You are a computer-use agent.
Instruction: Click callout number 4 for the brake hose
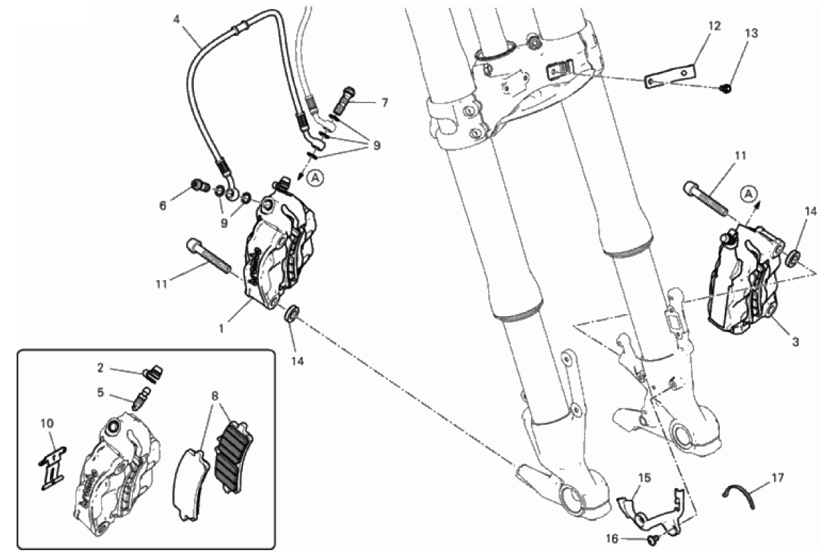pyautogui.click(x=177, y=20)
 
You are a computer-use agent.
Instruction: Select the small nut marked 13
pyautogui.click(x=727, y=89)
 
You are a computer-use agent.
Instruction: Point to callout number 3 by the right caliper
pyautogui.click(x=796, y=342)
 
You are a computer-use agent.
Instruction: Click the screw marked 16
pyautogui.click(x=653, y=538)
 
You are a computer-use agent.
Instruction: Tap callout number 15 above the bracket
pyautogui.click(x=645, y=478)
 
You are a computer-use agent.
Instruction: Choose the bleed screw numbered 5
pyautogui.click(x=141, y=398)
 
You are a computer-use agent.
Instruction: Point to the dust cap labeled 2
pyautogui.click(x=153, y=373)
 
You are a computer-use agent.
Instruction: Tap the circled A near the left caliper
pyautogui.click(x=315, y=178)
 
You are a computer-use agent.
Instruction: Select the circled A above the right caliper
pyautogui.click(x=748, y=194)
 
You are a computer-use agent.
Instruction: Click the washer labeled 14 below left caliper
pyautogui.click(x=291, y=313)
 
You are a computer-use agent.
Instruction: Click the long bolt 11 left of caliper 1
pyautogui.click(x=208, y=255)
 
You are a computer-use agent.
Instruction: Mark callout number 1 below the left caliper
pyautogui.click(x=222, y=329)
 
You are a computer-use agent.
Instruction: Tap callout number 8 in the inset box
pyautogui.click(x=215, y=395)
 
